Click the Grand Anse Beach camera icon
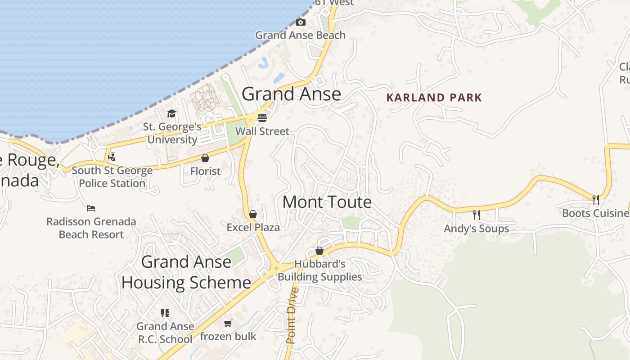300,22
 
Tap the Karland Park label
434,98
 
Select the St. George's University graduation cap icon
171,113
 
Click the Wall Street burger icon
262,118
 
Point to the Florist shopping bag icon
205,158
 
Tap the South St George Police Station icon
112,157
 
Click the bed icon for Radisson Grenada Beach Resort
91,208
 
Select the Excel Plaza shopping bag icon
253,214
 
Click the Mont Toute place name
327,202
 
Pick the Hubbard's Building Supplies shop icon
319,251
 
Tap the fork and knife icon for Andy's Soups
477,215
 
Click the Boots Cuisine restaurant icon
595,199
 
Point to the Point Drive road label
292,315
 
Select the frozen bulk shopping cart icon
228,323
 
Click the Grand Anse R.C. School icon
165,313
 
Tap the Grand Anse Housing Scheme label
186,272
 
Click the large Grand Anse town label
291,94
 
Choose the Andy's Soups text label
477,229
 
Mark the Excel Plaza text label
253,228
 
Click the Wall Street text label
262,131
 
